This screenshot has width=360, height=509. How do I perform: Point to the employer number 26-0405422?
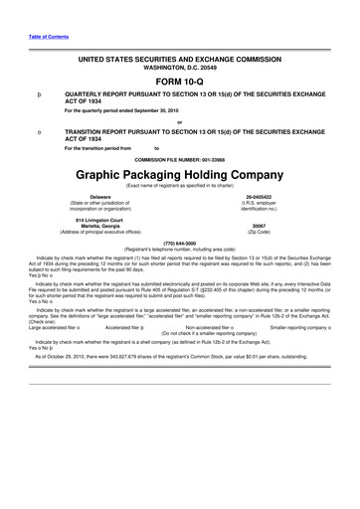pos(273,197)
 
